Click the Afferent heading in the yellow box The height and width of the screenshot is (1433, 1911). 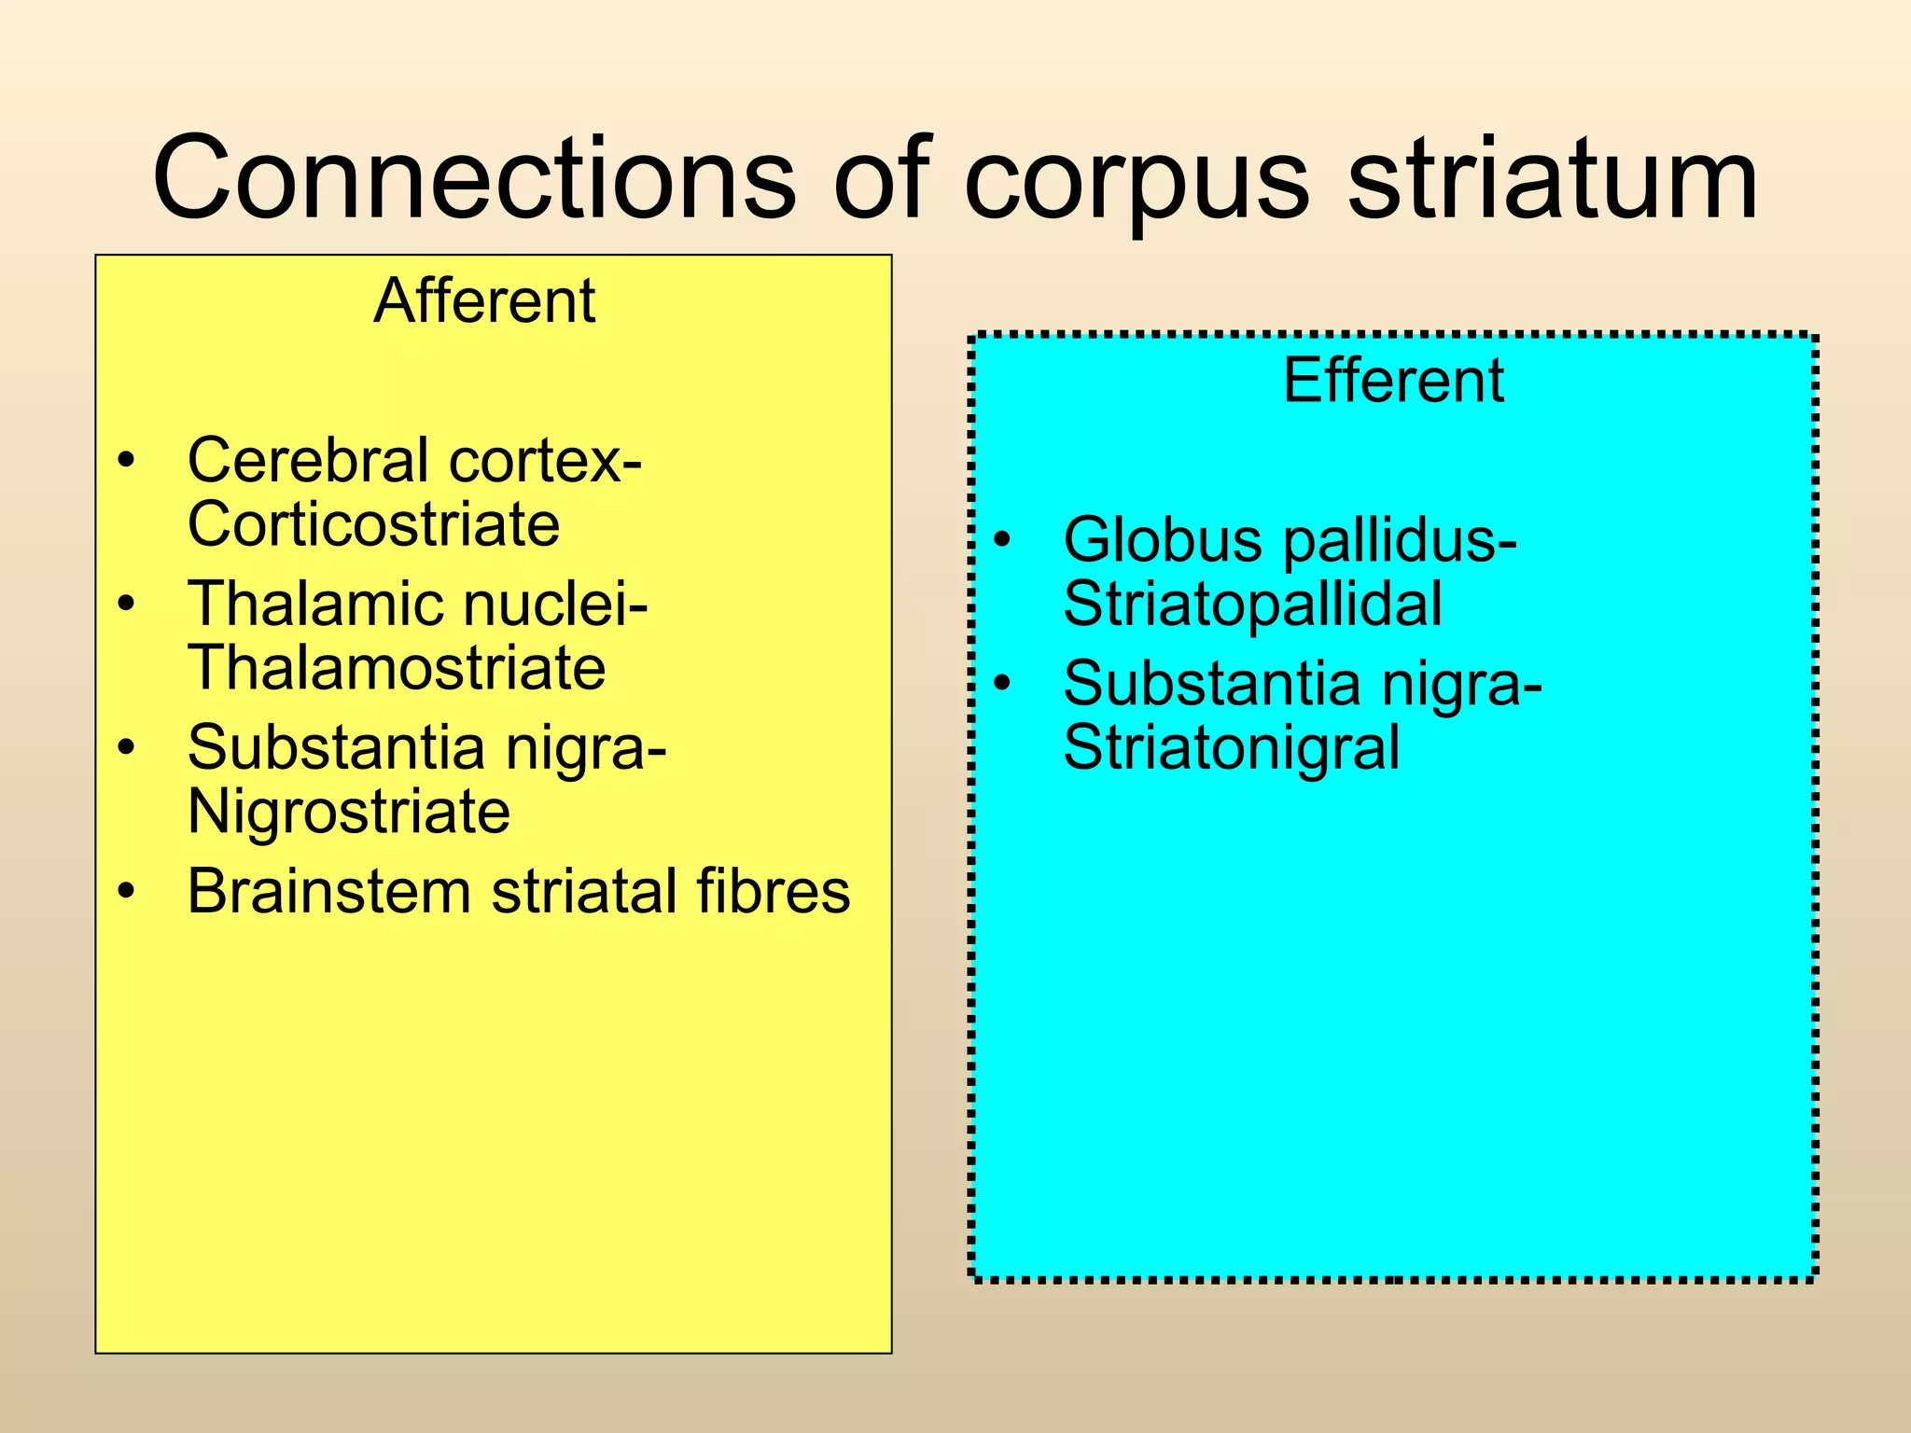click(x=484, y=301)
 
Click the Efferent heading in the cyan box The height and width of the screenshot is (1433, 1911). click(x=1393, y=381)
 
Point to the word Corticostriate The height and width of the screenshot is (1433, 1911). click(x=373, y=524)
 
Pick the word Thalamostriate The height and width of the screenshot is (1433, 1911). click(x=397, y=668)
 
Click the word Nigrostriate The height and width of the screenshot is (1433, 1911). click(x=349, y=812)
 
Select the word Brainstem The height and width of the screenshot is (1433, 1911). click(x=328, y=891)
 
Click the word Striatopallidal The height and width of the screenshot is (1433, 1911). click(x=1252, y=605)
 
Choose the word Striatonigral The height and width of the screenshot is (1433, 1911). click(x=1231, y=748)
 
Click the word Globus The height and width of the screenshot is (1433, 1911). click(x=1162, y=540)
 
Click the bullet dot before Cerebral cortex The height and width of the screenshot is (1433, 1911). click(x=127, y=461)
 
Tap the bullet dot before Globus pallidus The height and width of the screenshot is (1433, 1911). click(x=1002, y=540)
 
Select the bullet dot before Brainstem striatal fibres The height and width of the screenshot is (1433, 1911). click(x=127, y=891)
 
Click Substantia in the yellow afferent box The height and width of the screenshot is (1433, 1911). click(x=336, y=748)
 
